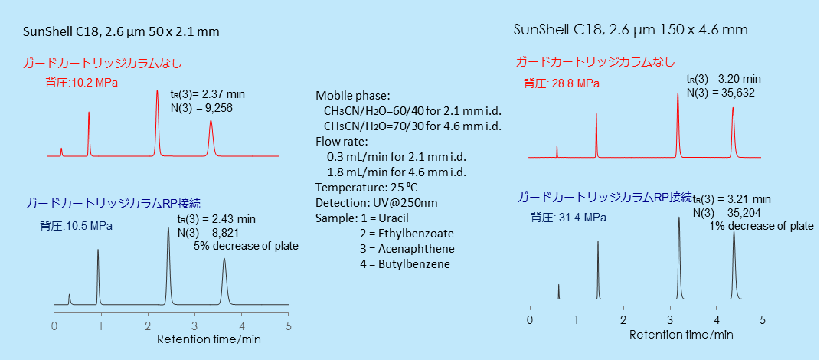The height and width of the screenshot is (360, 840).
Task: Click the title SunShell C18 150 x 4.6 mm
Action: click(630, 30)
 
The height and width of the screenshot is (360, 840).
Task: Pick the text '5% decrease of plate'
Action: click(246, 246)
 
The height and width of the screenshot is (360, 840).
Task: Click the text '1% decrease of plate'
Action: click(761, 226)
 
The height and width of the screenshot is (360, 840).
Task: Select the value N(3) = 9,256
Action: click(201, 108)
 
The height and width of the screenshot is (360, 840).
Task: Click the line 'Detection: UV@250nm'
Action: click(377, 203)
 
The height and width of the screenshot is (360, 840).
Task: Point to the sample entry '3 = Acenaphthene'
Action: click(407, 249)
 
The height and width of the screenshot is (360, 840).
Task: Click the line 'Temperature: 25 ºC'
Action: click(367, 188)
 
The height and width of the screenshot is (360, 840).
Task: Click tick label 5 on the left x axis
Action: click(289, 325)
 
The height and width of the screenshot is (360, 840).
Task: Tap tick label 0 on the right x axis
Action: click(530, 319)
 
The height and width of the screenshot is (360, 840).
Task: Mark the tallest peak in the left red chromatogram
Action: click(158, 92)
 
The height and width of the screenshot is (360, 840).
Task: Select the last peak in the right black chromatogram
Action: click(734, 233)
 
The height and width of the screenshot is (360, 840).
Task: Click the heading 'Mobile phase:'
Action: click(353, 96)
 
